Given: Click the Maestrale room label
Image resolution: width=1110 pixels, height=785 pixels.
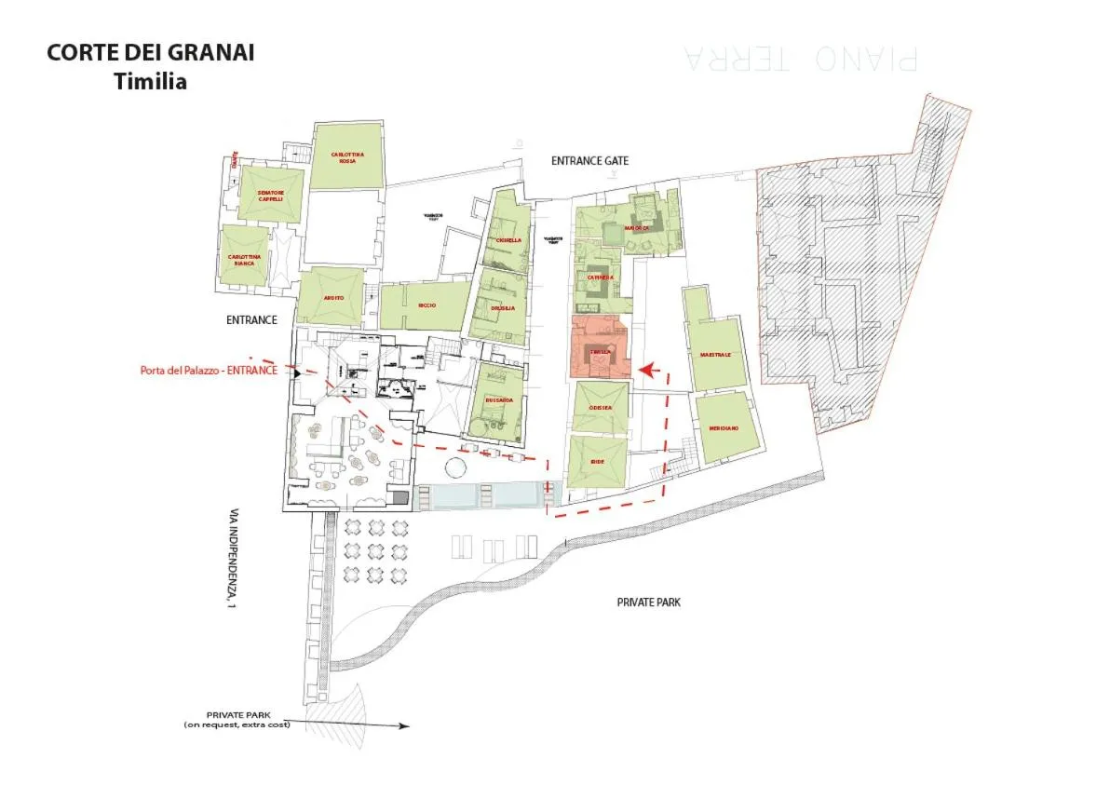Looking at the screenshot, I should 715,355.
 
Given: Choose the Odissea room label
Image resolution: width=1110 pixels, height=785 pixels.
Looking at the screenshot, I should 600,408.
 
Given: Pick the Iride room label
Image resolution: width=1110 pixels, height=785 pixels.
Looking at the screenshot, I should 598,462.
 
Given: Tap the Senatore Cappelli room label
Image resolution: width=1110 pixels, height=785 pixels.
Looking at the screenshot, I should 271,196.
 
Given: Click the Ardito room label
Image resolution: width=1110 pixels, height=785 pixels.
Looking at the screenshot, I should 333,298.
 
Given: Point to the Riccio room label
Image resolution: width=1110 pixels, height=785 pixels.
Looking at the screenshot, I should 427,305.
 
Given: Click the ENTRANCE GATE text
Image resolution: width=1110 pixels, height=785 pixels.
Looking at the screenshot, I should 589,161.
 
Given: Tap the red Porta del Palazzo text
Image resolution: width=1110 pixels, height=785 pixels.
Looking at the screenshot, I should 209,370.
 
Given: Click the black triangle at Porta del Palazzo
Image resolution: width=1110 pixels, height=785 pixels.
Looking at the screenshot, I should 297,372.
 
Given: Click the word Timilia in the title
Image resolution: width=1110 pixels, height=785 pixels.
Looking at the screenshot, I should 150,81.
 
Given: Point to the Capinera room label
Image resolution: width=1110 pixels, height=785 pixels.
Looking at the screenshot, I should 601,277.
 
